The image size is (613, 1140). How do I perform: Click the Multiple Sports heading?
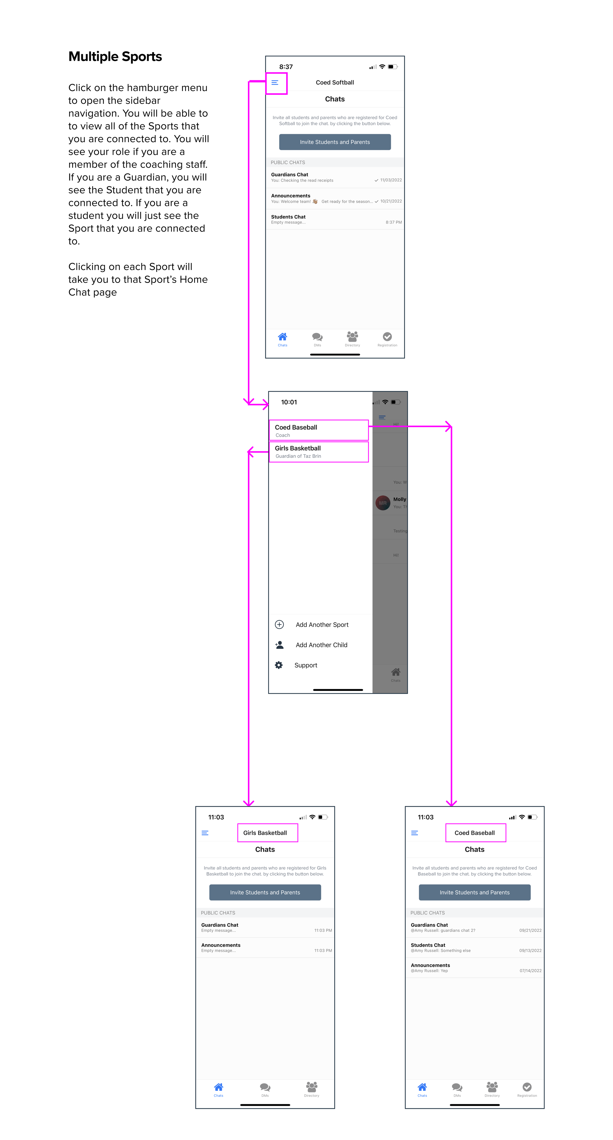(x=115, y=57)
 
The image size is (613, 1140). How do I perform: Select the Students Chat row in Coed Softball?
(x=335, y=219)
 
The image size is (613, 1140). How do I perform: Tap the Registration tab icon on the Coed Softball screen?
(x=387, y=337)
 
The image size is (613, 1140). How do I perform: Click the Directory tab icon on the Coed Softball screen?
(x=352, y=336)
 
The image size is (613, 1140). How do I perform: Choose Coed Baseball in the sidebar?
(x=319, y=430)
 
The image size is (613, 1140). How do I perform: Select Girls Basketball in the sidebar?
(x=319, y=451)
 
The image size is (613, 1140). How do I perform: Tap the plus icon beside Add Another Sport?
(x=279, y=624)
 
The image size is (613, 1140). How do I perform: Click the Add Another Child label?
(x=321, y=645)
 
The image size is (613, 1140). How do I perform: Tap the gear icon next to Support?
(x=279, y=665)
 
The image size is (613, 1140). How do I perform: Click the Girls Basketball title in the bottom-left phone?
(x=265, y=833)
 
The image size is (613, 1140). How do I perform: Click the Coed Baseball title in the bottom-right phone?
(x=474, y=833)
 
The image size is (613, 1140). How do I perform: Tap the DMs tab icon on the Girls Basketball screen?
(x=265, y=1087)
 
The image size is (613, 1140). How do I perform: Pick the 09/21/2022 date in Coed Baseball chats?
(x=530, y=930)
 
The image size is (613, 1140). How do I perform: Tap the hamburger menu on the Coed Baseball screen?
(x=414, y=833)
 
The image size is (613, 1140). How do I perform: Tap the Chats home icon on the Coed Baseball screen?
(x=422, y=1087)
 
